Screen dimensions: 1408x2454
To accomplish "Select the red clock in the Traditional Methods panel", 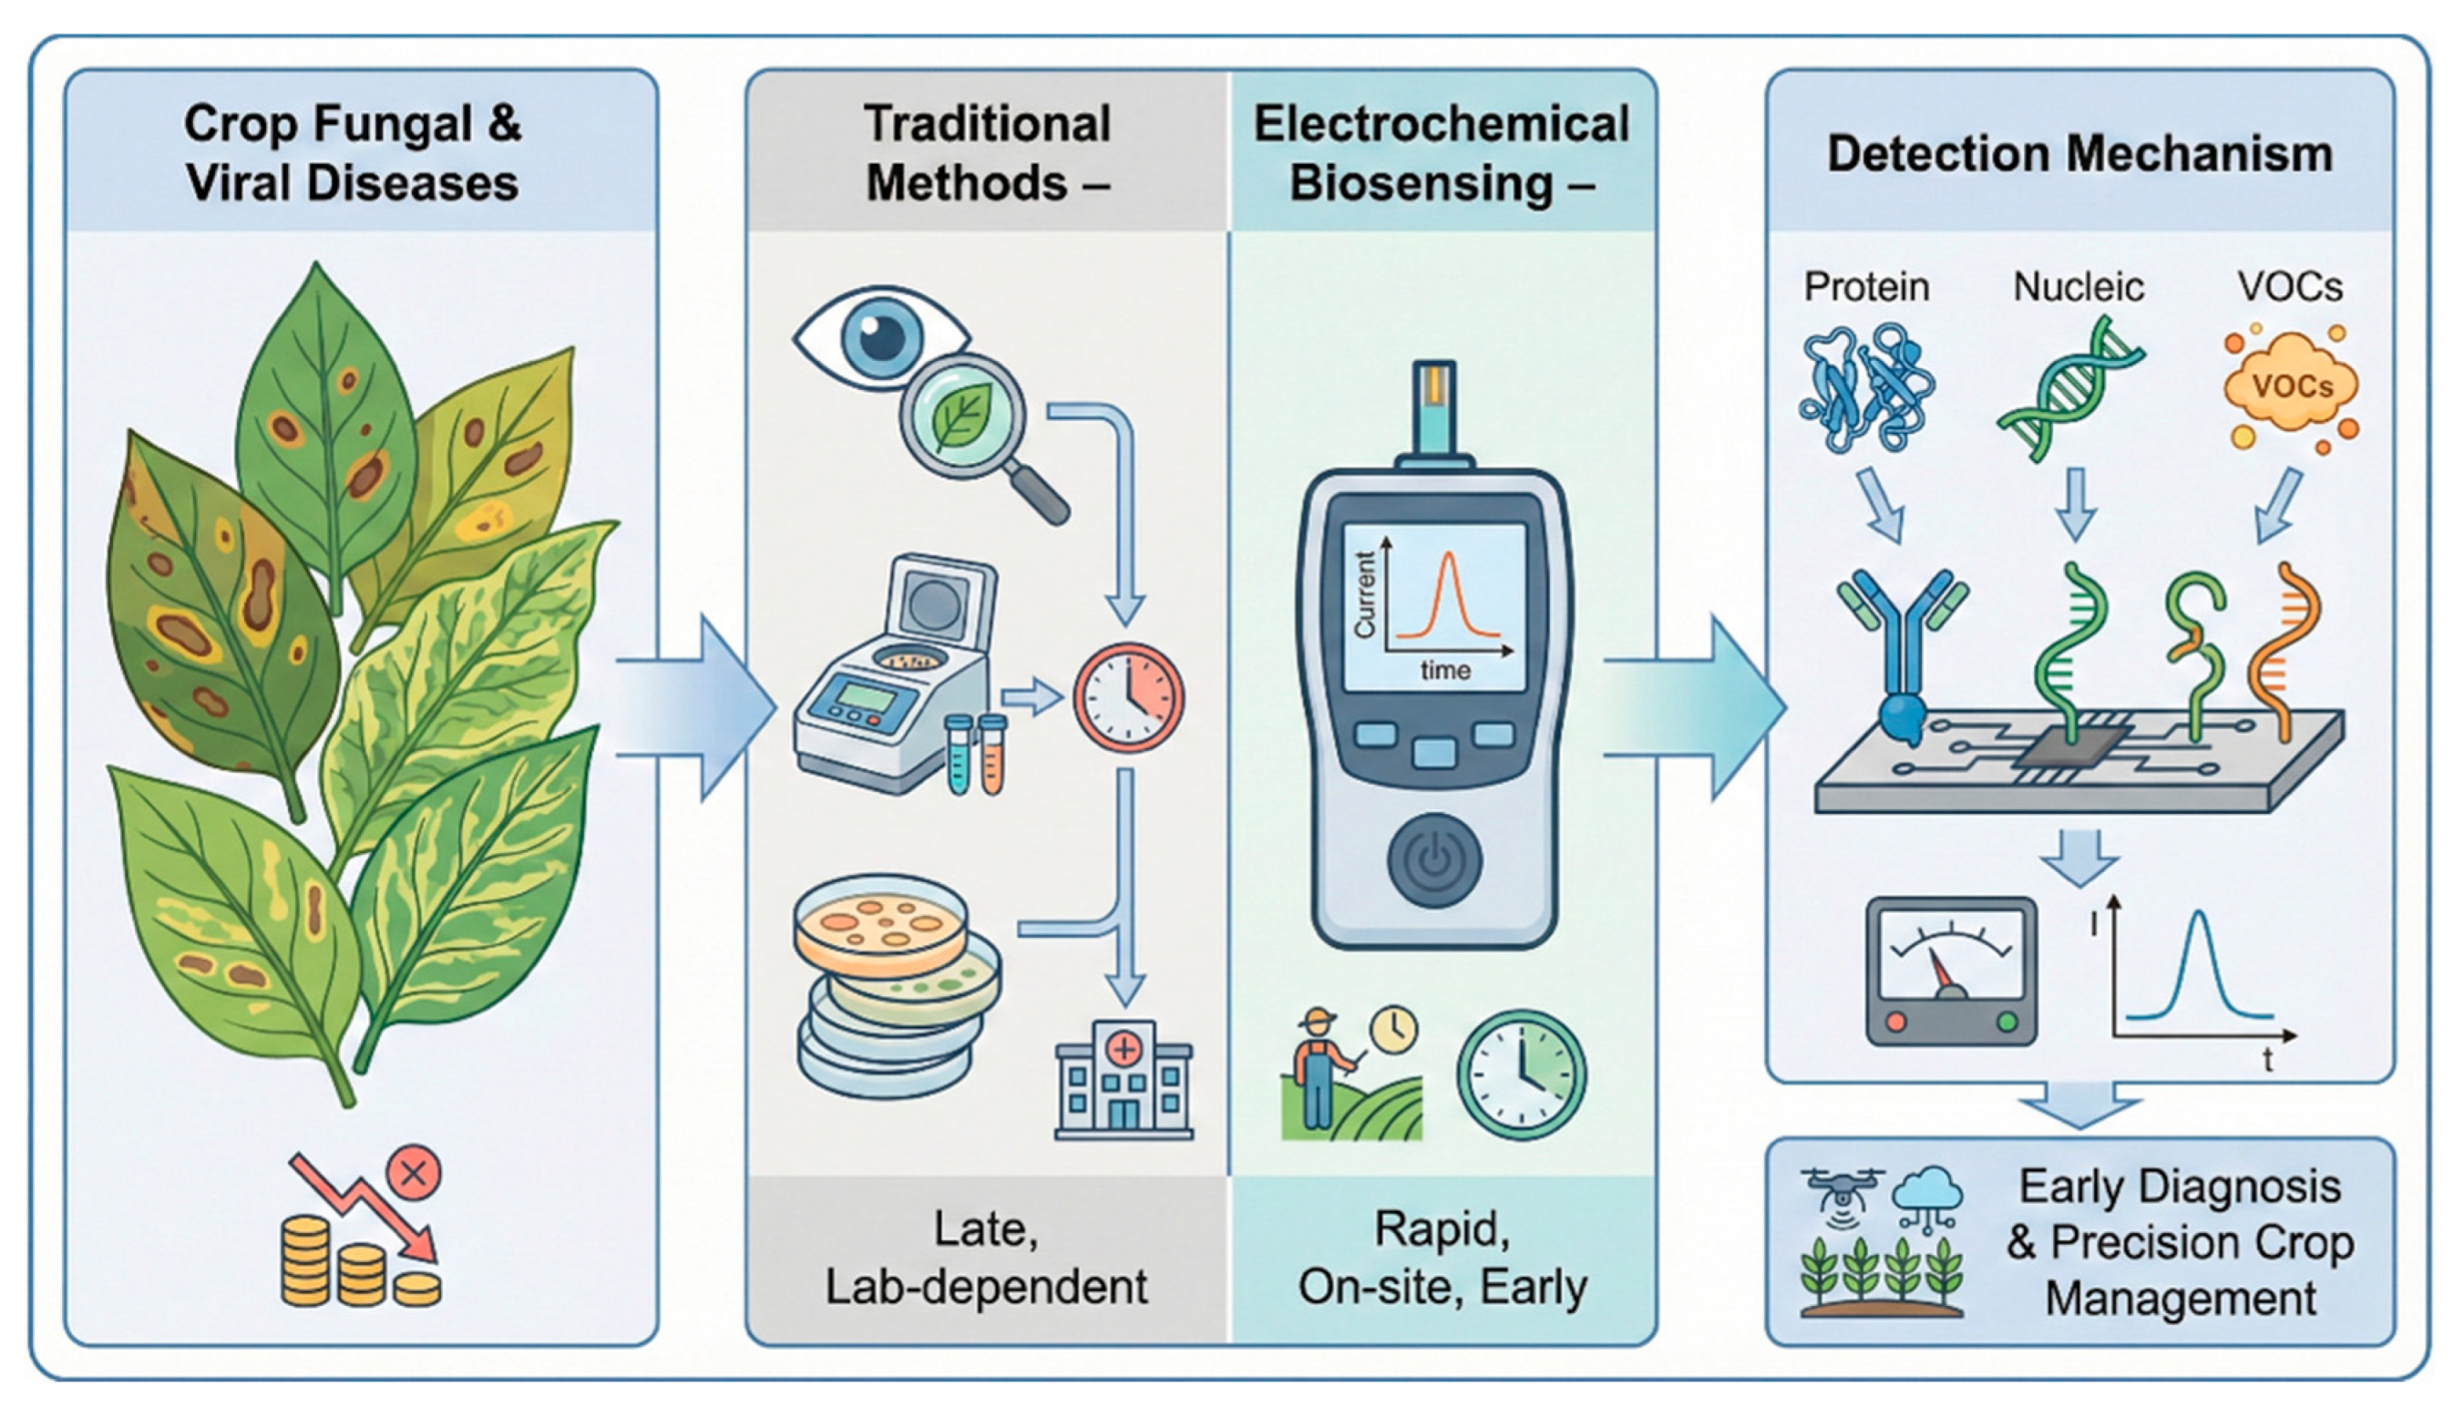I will click(1128, 698).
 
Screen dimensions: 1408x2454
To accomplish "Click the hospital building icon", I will click(1124, 1080).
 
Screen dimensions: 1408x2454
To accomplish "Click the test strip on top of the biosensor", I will click(1434, 406).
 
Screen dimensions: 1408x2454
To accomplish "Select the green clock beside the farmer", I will click(1521, 1074).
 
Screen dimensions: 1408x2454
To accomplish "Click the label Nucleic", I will click(2078, 286).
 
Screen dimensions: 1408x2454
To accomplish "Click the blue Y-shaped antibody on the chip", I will click(1901, 658).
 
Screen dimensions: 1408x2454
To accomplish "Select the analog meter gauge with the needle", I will click(1950, 971).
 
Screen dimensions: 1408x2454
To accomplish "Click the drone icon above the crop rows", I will click(1843, 1188).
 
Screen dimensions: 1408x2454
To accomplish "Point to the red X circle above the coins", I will click(414, 1174).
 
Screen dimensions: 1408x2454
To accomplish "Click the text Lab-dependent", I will click(986, 1286).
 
